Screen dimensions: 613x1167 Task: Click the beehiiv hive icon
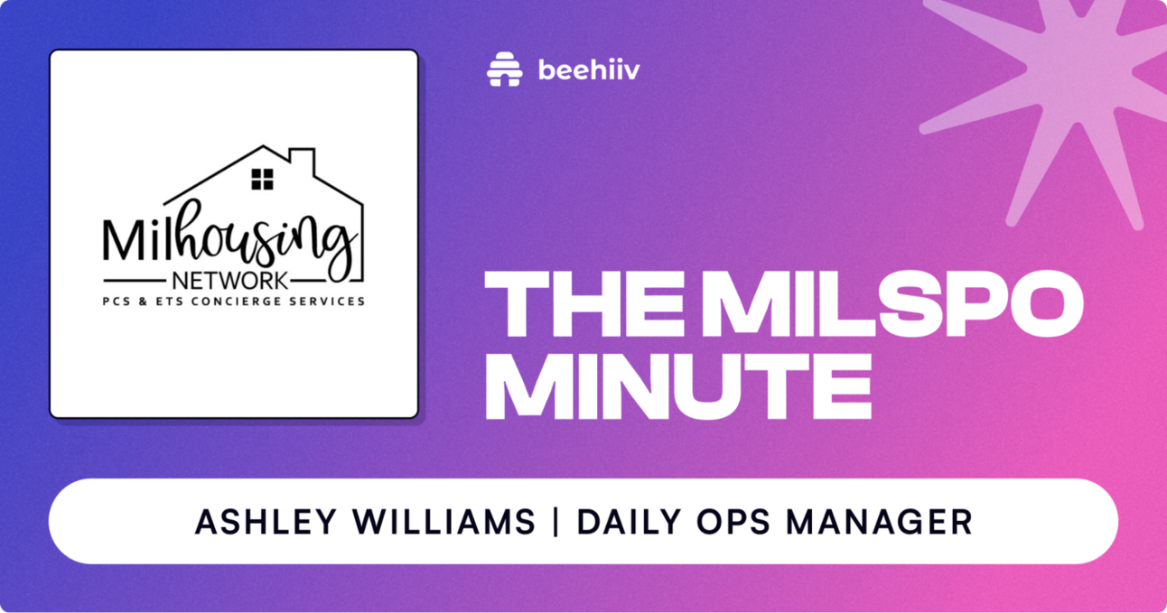tap(505, 70)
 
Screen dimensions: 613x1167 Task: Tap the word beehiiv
tap(588, 70)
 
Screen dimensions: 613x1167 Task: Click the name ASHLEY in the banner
tap(251, 522)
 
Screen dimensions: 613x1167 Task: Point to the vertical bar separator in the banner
tap(552, 522)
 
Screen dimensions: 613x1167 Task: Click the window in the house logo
tap(262, 179)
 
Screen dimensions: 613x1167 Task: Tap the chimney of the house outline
tap(303, 163)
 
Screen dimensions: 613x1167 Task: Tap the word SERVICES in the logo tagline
tap(330, 301)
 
